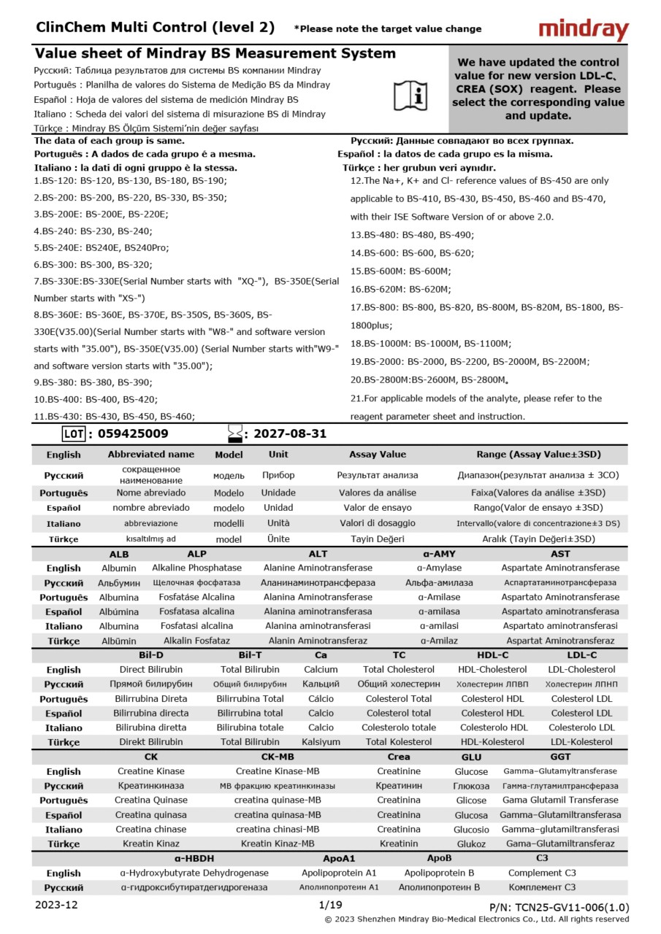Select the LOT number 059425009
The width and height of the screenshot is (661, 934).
click(128, 434)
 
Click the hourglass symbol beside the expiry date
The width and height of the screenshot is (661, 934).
click(234, 434)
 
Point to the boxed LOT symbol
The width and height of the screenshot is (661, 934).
click(74, 434)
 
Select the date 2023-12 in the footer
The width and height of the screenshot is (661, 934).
click(56, 905)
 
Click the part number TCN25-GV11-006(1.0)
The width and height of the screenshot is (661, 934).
click(559, 907)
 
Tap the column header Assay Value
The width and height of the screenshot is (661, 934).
click(377, 454)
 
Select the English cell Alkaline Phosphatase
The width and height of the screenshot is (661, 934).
click(196, 568)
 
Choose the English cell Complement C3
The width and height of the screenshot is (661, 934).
click(542, 873)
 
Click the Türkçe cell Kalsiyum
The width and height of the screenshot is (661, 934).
click(321, 742)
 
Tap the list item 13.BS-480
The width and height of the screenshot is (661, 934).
click(412, 235)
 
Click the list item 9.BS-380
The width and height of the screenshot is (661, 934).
click(93, 382)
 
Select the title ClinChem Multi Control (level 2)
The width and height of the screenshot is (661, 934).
click(156, 28)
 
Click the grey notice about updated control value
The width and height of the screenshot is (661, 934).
click(538, 89)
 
